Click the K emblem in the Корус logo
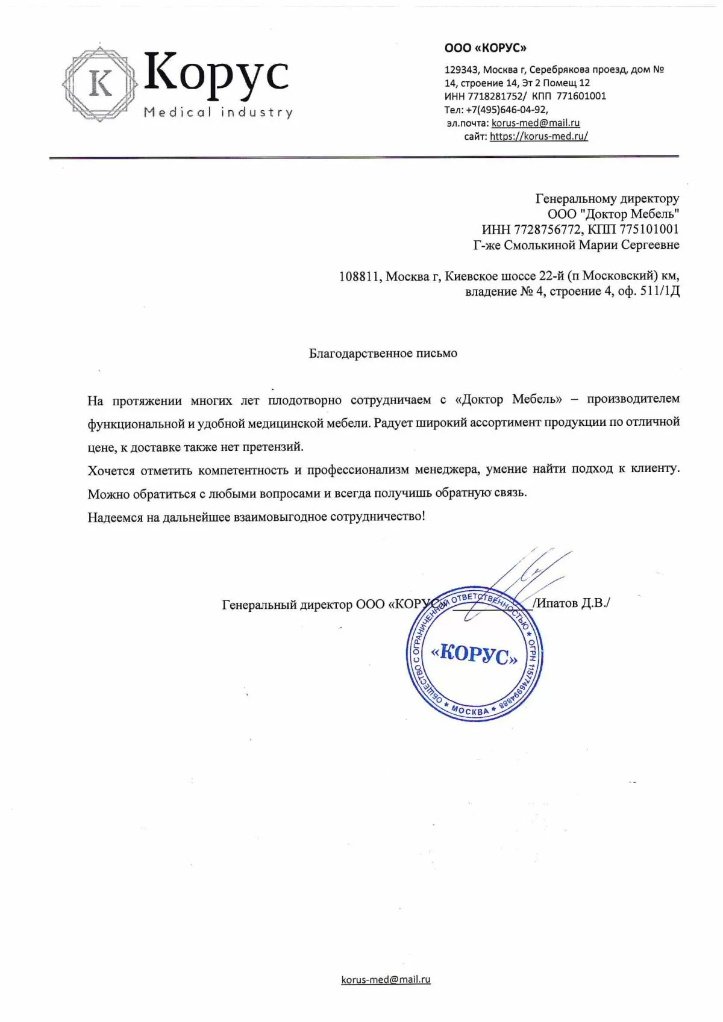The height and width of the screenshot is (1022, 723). [x=101, y=83]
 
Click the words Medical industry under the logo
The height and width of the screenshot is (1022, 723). [x=218, y=113]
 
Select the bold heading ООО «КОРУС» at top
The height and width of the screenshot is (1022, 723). [x=485, y=48]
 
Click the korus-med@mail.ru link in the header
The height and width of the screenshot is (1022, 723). [x=535, y=123]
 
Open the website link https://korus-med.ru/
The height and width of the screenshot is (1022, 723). [x=538, y=136]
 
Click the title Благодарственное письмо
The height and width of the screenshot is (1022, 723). [x=383, y=354]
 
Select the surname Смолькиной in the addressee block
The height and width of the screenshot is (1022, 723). [x=540, y=245]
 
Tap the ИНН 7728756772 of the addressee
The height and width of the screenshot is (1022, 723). [x=548, y=229]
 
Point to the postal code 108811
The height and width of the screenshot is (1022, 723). [x=360, y=276]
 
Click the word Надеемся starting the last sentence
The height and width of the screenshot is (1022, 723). [x=115, y=517]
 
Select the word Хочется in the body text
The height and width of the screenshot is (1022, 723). [x=111, y=470]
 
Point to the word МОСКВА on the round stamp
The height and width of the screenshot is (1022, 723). [x=470, y=711]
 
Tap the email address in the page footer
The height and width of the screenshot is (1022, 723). [x=386, y=980]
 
